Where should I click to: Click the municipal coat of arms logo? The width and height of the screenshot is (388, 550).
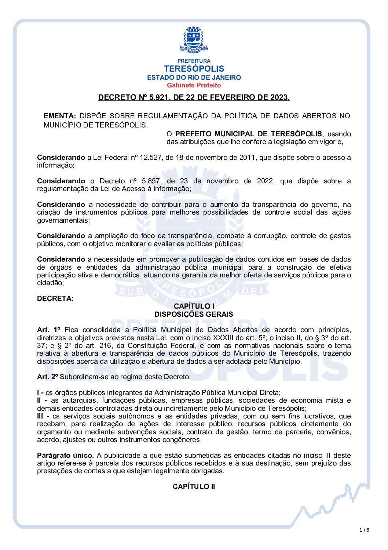pyautogui.click(x=194, y=39)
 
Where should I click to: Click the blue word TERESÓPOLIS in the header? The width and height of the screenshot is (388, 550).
pyautogui.click(x=194, y=69)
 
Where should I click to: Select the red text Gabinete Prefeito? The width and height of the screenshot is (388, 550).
pyautogui.click(x=194, y=85)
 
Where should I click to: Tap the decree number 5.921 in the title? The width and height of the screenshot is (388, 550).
pyautogui.click(x=159, y=97)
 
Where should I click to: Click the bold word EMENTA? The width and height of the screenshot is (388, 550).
pyautogui.click(x=60, y=116)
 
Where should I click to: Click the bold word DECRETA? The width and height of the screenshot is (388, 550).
pyautogui.click(x=55, y=298)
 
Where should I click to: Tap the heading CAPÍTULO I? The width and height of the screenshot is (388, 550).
pyautogui.click(x=194, y=306)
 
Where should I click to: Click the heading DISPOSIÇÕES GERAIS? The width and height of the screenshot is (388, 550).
pyautogui.click(x=194, y=314)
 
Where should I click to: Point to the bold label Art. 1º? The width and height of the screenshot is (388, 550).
pyautogui.click(x=48, y=330)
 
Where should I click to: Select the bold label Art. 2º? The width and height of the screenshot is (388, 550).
pyautogui.click(x=48, y=377)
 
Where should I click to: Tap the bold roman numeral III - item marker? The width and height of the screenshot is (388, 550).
pyautogui.click(x=43, y=416)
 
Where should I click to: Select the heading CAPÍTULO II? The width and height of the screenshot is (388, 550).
pyautogui.click(x=194, y=486)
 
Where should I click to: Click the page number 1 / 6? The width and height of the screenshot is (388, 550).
pyautogui.click(x=364, y=530)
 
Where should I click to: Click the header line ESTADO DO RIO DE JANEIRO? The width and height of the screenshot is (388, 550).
pyautogui.click(x=194, y=78)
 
